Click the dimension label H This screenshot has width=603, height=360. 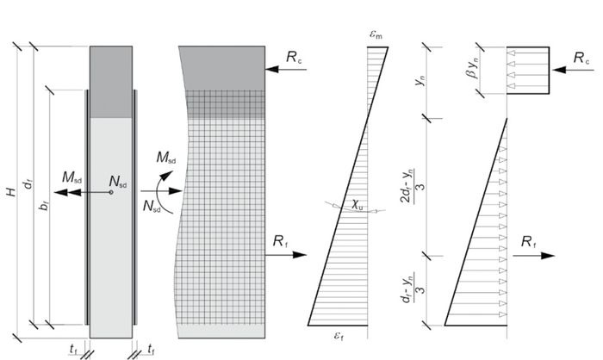pyautogui.click(x=12, y=191)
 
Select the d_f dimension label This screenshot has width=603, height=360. pyautogui.click(x=28, y=183)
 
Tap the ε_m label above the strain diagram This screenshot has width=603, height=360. pyautogui.click(x=376, y=34)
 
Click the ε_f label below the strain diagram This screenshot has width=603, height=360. pyautogui.click(x=339, y=336)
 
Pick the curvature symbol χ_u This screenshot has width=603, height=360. pyautogui.click(x=357, y=205)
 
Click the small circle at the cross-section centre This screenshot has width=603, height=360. pyautogui.click(x=111, y=192)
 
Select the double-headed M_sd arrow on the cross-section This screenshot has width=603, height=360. pyautogui.click(x=83, y=192)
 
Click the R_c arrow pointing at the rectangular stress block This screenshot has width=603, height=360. pyautogui.click(x=574, y=70)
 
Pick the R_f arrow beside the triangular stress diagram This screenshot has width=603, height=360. pyautogui.click(x=533, y=256)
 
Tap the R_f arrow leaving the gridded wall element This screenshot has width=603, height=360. pyautogui.click(x=285, y=255)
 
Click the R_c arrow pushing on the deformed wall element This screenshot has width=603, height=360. pyautogui.click(x=286, y=70)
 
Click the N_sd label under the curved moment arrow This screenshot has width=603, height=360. pyautogui.click(x=152, y=206)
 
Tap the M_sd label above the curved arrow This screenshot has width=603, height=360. pyautogui.click(x=166, y=158)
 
